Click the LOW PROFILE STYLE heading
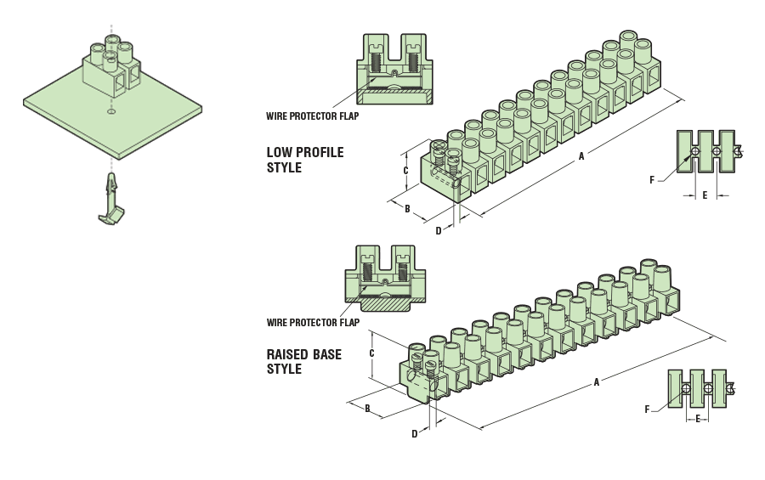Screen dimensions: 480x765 (304, 160)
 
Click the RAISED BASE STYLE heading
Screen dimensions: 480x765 (303, 362)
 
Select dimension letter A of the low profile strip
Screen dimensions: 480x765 (581, 155)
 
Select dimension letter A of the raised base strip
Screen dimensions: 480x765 (597, 382)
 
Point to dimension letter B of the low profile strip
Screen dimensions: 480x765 (407, 208)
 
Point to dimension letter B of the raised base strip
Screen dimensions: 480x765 (367, 409)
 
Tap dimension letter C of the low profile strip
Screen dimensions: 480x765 (405, 170)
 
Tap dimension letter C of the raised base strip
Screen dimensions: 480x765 (371, 353)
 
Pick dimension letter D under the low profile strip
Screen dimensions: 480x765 (439, 230)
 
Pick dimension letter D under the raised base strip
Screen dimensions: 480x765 (415, 433)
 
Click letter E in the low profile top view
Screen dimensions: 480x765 (705, 195)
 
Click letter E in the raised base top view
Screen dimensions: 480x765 (698, 418)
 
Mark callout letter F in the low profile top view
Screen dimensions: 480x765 (652, 179)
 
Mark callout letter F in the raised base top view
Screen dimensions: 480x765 (647, 409)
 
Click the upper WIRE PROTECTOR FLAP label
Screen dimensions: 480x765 (312, 116)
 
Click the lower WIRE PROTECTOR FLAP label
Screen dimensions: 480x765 (313, 323)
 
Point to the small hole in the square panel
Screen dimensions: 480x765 (111, 110)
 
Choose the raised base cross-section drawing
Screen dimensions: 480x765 (385, 276)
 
